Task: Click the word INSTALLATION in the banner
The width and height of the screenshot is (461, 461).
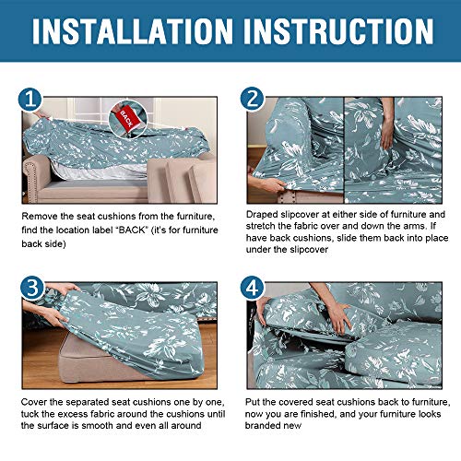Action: [x=133, y=31]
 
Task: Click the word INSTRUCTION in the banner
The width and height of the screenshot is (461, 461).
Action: [x=338, y=31]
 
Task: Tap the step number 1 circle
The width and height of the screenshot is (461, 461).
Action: [x=30, y=100]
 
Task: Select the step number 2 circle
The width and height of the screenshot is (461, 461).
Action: [x=252, y=99]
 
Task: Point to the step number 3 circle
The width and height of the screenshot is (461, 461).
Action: [x=32, y=289]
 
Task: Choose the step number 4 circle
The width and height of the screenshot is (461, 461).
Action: [x=252, y=288]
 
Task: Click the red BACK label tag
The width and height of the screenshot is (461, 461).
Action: [x=126, y=119]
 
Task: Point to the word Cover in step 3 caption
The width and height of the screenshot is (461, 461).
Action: [x=33, y=402]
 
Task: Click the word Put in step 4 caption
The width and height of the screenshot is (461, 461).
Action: [x=253, y=402]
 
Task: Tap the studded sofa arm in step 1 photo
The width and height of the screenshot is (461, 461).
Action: [x=35, y=177]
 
